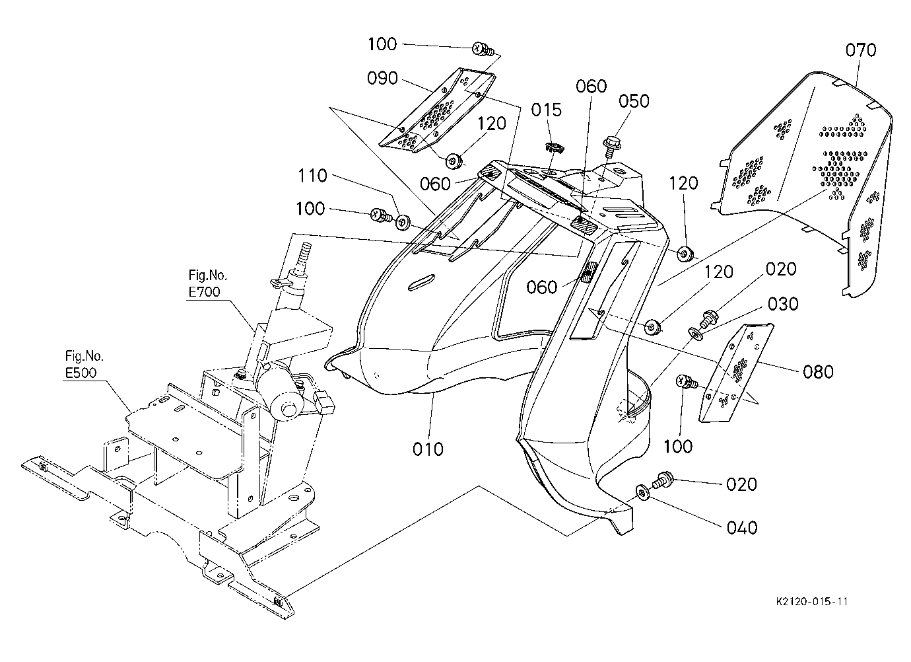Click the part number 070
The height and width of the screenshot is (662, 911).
tap(861, 50)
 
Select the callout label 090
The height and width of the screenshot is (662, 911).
tap(382, 78)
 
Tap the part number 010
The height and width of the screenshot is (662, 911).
tap(428, 449)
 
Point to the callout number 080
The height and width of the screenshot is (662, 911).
tap(818, 372)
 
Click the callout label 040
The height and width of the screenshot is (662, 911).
tap(742, 528)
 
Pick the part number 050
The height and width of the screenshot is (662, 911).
tap(634, 101)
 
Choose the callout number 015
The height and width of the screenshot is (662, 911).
tap(547, 110)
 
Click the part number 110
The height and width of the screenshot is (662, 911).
tap(312, 176)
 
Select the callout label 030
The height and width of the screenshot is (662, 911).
tap(783, 304)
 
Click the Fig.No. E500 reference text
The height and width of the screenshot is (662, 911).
tap(84, 365)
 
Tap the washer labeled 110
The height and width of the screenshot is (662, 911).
tap(403, 222)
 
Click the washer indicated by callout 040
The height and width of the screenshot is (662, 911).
tap(642, 493)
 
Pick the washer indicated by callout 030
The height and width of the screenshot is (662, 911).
tap(695, 334)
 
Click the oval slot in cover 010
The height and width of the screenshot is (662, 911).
tap(421, 283)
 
